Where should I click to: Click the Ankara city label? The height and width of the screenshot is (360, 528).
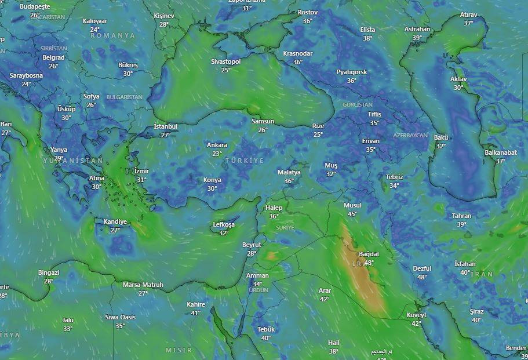tap(217, 145)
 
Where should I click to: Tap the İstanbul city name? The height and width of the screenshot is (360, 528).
tap(166, 126)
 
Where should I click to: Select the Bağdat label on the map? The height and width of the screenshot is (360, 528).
tap(369, 254)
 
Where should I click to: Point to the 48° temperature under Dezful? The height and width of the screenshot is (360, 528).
tap(422, 277)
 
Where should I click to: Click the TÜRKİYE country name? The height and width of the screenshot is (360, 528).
tap(244, 160)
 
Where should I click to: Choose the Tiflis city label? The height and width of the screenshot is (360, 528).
tap(374, 114)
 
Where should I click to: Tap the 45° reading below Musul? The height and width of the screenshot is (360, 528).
tap(352, 214)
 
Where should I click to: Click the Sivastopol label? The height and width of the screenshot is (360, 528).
tap(225, 61)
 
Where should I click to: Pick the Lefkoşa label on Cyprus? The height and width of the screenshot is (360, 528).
tap(224, 224)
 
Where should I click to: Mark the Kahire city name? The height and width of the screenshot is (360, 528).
tap(196, 304)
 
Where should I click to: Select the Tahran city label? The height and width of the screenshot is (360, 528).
tap(461, 216)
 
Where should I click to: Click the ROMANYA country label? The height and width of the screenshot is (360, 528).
tap(112, 35)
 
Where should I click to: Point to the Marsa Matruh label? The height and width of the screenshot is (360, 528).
tap(143, 285)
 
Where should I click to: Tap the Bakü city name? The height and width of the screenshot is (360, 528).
tap(441, 137)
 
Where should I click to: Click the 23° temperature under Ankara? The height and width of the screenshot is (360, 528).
tap(217, 154)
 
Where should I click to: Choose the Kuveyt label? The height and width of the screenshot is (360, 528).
tap(416, 315)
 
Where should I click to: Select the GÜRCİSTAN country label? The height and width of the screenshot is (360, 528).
tap(358, 105)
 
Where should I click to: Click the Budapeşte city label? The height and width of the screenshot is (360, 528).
tap(35, 6)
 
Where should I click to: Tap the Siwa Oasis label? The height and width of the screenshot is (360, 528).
tap(120, 317)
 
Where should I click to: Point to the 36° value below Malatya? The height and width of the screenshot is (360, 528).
tap(289, 181)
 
